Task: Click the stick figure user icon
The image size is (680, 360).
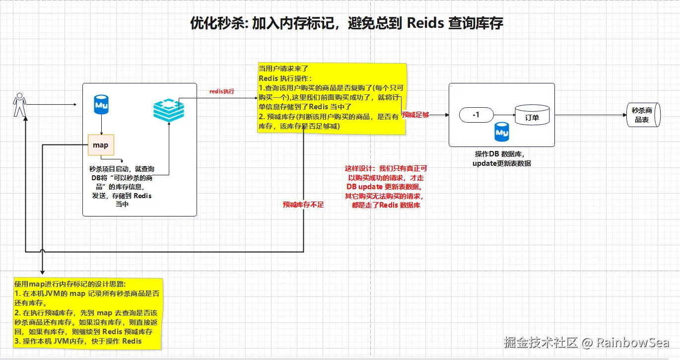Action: point(19,104)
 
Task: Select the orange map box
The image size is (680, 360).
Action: point(101,145)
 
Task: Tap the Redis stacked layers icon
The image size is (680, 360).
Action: point(168,110)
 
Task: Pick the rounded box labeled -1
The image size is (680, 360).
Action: point(476,115)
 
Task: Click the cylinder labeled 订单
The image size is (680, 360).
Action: point(532,115)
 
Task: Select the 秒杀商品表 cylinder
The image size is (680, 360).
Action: point(643,116)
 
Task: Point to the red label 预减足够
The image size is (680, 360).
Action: point(415,115)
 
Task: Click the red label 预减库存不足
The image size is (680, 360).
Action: point(303,204)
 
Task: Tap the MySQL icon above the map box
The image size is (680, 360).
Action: point(101,105)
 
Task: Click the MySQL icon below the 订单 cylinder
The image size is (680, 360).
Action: point(502,133)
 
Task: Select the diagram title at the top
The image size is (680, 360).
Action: point(346,23)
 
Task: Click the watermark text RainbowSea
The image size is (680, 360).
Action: point(632,342)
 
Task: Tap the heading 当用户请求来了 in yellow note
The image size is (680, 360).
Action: point(283,69)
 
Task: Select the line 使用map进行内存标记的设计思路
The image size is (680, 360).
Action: point(69,284)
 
